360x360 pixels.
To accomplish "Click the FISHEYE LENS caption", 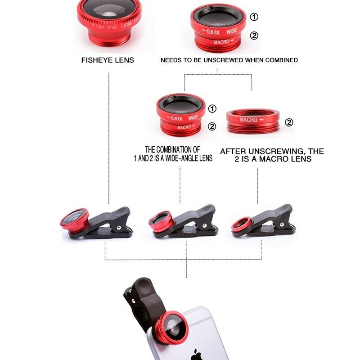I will [108, 60].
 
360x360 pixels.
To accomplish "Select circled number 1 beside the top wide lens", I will [255, 17].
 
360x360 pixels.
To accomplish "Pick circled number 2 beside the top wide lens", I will [254, 36].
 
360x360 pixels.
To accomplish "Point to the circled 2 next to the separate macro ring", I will [289, 122].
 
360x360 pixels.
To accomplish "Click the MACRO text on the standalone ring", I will [249, 120].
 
